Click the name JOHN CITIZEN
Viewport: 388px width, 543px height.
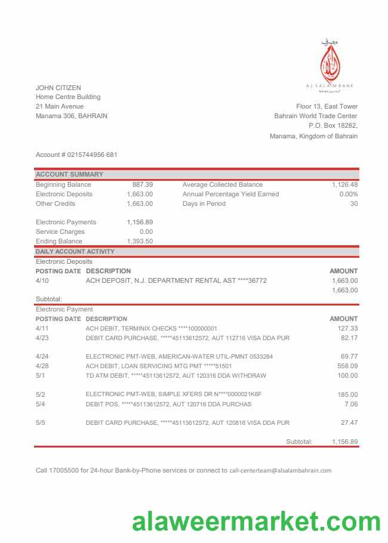(x=58, y=88)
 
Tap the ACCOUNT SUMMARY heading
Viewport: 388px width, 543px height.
(x=69, y=175)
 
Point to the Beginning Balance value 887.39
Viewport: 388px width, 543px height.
(x=142, y=185)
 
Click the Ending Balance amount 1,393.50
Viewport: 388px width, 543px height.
(x=140, y=241)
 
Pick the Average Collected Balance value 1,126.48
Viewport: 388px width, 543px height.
(x=344, y=185)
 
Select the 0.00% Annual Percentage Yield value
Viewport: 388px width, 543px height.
(x=348, y=195)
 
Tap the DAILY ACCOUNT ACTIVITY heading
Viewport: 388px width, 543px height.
(x=75, y=252)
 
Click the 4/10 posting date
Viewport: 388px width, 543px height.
(x=42, y=280)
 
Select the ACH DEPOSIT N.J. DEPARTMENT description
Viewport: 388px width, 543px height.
(x=176, y=280)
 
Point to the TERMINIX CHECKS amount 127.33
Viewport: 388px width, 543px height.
(x=347, y=328)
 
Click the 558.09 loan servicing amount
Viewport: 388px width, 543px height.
(x=347, y=366)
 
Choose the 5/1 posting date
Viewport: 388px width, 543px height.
(x=40, y=376)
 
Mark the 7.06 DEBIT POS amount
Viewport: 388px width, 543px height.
(x=351, y=404)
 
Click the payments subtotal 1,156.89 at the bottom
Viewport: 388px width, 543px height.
(x=344, y=442)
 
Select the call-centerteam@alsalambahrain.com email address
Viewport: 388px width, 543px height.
(x=280, y=470)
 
